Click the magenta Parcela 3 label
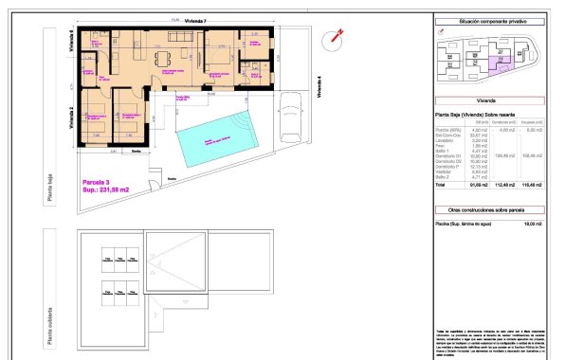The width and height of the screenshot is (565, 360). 98,180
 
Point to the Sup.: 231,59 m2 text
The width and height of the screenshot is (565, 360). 104,189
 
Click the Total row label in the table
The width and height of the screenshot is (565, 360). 442,185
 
